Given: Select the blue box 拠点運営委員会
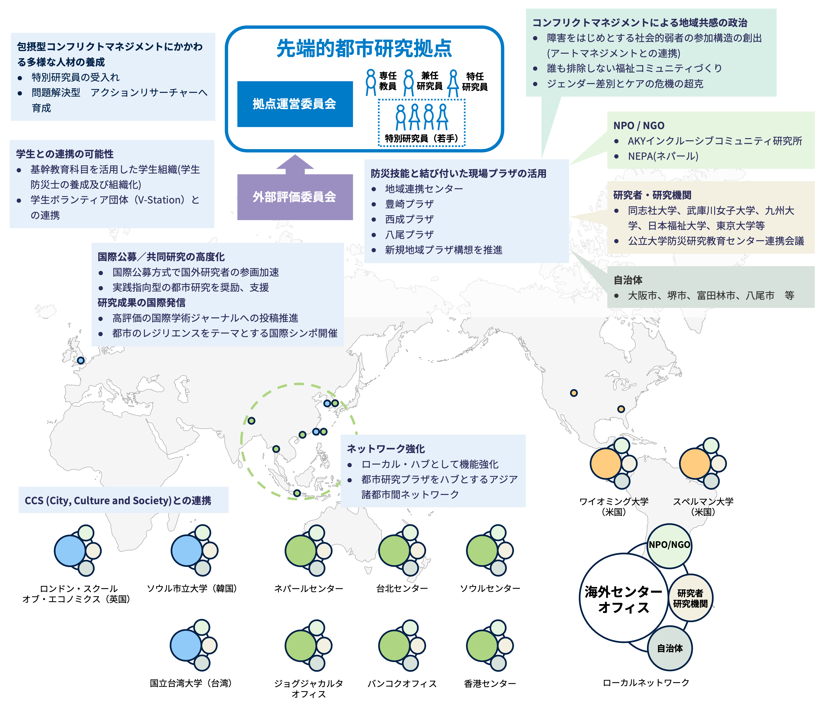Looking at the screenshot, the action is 295,104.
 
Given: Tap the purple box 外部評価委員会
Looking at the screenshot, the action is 295,197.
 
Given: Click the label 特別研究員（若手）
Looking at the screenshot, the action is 421,138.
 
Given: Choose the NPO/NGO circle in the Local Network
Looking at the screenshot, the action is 669,545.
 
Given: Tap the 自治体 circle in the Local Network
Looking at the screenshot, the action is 670,648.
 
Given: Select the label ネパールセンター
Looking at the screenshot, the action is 308,588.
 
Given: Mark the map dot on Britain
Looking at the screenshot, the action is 81,360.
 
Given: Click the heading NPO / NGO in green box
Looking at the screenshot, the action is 639,126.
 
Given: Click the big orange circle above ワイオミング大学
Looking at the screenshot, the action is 606,464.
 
